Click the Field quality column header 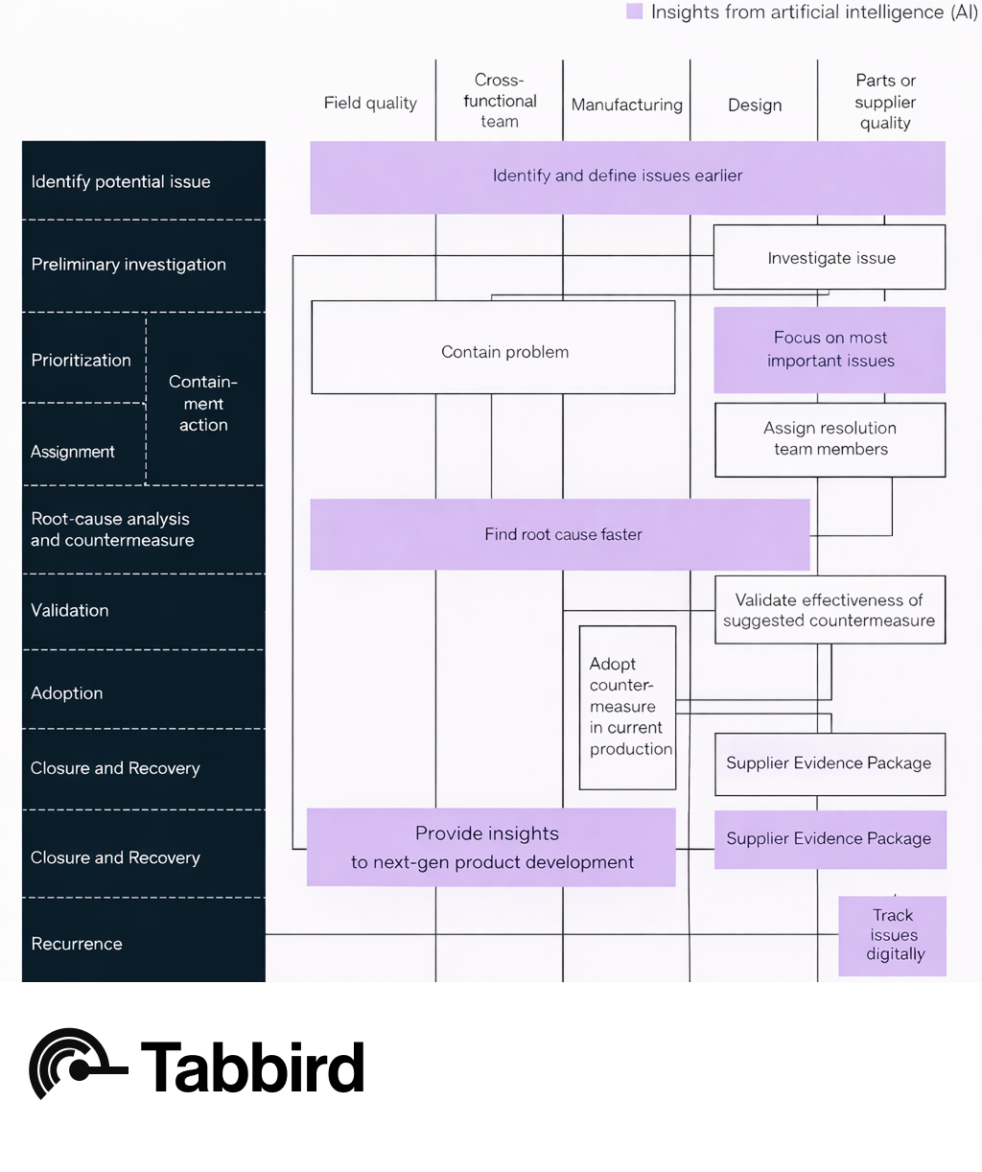pyautogui.click(x=370, y=103)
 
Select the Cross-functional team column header pyautogui.click(x=500, y=101)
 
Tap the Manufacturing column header pyautogui.click(x=627, y=105)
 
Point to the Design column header pyautogui.click(x=755, y=105)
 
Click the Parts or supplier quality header pyautogui.click(x=885, y=102)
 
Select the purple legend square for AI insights pyautogui.click(x=634, y=12)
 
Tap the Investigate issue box pyautogui.click(x=830, y=257)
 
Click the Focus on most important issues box pyautogui.click(x=830, y=349)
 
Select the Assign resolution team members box pyautogui.click(x=830, y=439)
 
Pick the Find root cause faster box pyautogui.click(x=560, y=534)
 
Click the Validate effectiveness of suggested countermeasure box pyautogui.click(x=830, y=610)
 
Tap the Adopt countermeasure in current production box pyautogui.click(x=627, y=708)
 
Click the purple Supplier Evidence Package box pyautogui.click(x=830, y=839)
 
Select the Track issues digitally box pyautogui.click(x=893, y=935)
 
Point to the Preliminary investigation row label pyautogui.click(x=129, y=265)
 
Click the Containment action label pyautogui.click(x=203, y=403)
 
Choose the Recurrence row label pyautogui.click(x=77, y=944)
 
